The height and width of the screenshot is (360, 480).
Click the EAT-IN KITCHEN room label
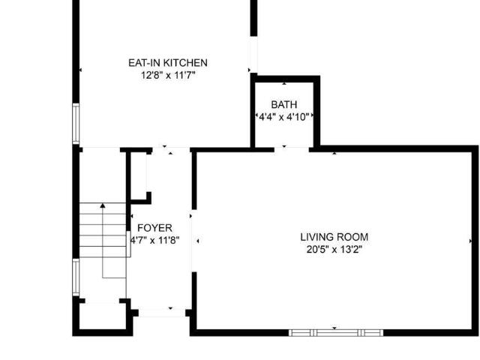click(168, 63)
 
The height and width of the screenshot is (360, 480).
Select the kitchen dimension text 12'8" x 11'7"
click(168, 75)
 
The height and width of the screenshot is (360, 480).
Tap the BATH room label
click(284, 105)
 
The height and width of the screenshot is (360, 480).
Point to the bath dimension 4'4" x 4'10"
click(284, 117)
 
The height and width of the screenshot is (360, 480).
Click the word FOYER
click(155, 228)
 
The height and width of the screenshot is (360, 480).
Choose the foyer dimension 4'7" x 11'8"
click(155, 240)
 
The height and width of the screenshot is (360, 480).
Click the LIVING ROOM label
click(334, 237)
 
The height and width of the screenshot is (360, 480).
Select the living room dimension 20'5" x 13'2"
click(334, 250)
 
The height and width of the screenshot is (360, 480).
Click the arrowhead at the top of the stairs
click(103, 205)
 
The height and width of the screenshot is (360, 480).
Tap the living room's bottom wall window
click(336, 333)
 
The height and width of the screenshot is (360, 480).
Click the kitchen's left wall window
click(76, 124)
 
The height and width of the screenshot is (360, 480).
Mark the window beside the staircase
click(76, 277)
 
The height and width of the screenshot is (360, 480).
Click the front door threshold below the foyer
click(162, 313)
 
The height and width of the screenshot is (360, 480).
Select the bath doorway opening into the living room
click(292, 150)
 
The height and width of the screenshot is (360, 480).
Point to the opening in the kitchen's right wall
click(253, 55)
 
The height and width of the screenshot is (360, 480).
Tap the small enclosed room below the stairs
click(102, 316)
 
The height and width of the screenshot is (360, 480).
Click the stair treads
click(103, 230)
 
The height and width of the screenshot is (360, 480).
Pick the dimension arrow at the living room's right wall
click(470, 241)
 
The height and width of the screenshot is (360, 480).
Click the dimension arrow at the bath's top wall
click(284, 83)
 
